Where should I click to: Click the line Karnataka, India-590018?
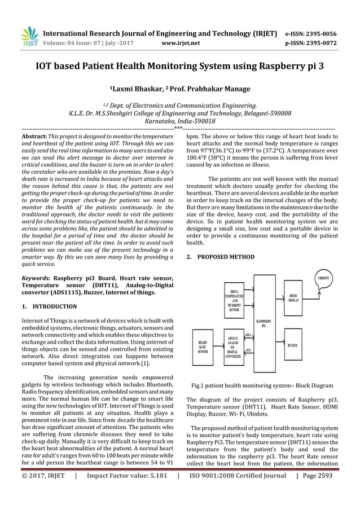179,121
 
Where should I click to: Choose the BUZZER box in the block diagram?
293,345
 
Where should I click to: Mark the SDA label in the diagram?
248,336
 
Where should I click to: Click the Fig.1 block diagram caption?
263,385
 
